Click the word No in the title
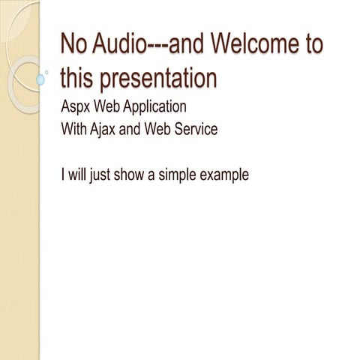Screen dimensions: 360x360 point(73,44)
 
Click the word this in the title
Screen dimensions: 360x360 point(76,77)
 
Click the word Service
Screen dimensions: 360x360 point(194,129)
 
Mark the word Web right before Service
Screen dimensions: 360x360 point(157,129)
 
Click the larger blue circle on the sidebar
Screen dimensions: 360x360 point(42,79)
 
